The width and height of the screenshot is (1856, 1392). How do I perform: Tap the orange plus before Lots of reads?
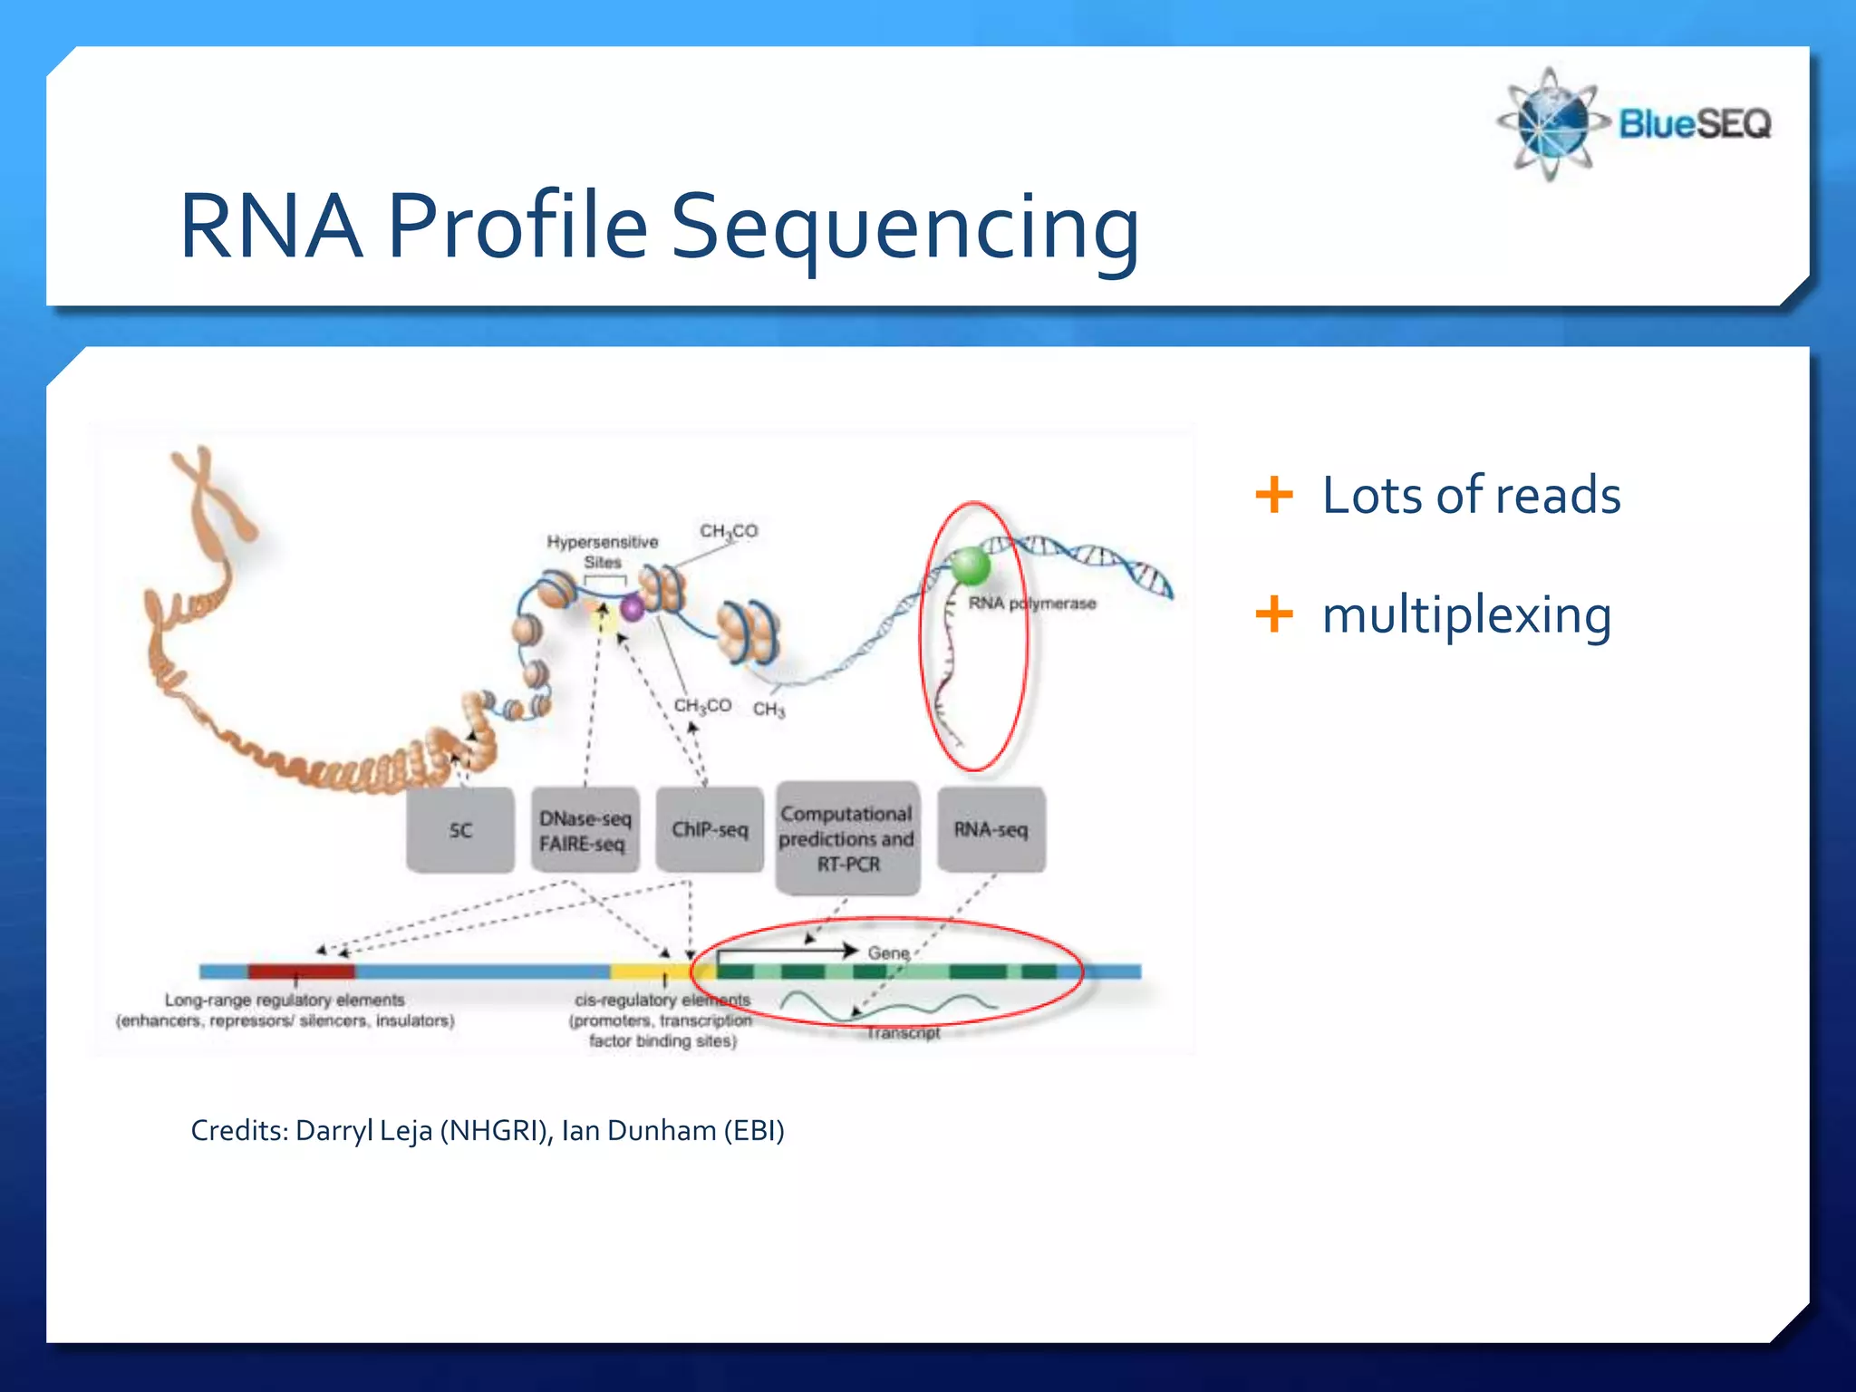1273,495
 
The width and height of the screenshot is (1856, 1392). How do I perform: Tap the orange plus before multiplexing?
1273,614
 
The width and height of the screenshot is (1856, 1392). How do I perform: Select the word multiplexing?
1466,614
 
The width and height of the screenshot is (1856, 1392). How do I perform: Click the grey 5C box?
460,830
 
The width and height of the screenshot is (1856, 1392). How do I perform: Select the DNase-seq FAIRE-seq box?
585,830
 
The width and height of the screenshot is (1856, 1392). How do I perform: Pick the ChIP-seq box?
710,830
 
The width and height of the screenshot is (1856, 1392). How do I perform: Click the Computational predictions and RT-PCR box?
847,838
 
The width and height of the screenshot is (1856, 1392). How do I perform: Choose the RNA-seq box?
991,830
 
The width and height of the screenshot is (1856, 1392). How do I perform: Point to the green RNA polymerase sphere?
970,566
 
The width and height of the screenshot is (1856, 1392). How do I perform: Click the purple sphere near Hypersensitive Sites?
633,607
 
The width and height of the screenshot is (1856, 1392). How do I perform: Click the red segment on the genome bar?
301,971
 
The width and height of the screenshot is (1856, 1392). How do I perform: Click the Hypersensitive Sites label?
603,551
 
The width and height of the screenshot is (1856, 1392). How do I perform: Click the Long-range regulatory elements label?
285,1000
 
